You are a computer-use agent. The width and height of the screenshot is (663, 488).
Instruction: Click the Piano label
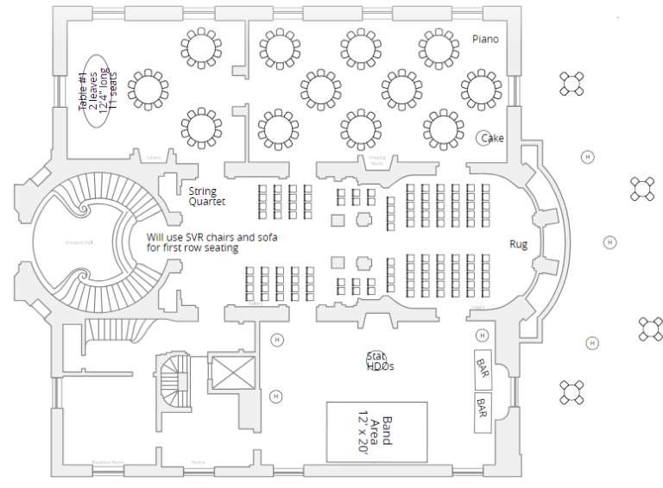(x=485, y=39)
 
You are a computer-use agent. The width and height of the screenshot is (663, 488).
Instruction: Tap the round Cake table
(x=484, y=138)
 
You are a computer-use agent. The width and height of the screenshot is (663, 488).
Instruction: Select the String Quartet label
(x=206, y=197)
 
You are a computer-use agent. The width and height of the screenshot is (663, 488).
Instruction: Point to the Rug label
(x=518, y=244)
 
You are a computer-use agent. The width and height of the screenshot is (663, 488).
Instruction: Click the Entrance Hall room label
(x=79, y=242)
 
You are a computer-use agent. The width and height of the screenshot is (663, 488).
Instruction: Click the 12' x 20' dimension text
(x=363, y=431)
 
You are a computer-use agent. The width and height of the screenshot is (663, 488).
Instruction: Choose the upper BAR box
(x=483, y=368)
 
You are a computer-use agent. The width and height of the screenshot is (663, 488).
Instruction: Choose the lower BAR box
(x=483, y=407)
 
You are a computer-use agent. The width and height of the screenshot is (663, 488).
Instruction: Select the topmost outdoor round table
(x=572, y=84)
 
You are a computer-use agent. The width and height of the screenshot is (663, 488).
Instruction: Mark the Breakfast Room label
(x=108, y=463)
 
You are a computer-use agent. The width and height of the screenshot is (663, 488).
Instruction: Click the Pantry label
(x=198, y=463)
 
